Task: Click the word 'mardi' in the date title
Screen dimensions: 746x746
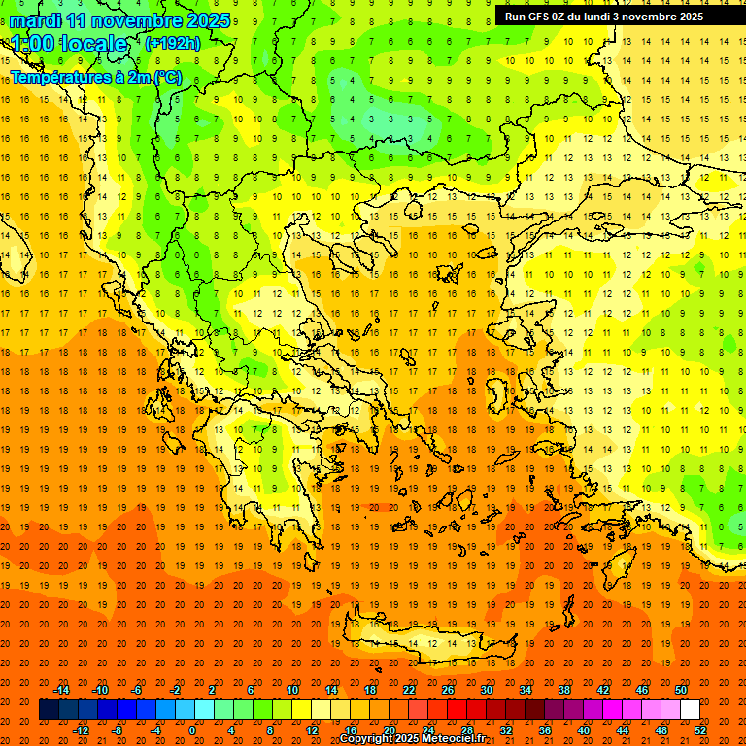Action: coord(36,20)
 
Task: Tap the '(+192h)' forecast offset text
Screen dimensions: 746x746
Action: coord(173,44)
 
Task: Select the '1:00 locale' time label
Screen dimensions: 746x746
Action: coord(69,45)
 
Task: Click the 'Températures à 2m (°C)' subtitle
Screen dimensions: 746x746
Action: coord(95,77)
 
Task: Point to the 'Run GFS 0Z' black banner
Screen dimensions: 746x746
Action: coord(613,16)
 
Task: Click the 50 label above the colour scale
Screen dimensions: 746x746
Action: coord(680,690)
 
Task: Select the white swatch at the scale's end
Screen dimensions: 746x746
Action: coord(690,710)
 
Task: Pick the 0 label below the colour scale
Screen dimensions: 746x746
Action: coord(192,729)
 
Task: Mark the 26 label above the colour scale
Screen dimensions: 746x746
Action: coord(448,690)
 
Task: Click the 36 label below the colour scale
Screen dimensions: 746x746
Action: coord(544,729)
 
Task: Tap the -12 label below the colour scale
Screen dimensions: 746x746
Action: coord(81,729)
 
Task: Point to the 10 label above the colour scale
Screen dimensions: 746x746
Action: coord(292,690)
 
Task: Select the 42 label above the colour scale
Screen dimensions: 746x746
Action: coord(602,690)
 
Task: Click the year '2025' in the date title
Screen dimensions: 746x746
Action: coord(208,20)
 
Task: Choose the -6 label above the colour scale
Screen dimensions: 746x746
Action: coord(138,690)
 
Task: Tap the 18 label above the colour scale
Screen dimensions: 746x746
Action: coord(370,690)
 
